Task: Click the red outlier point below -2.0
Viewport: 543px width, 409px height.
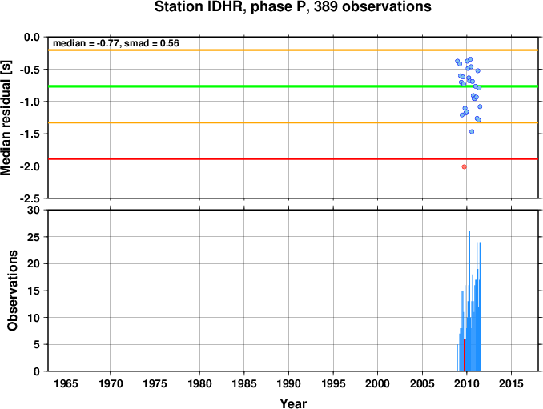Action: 464,166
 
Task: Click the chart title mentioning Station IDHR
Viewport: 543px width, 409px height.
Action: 292,7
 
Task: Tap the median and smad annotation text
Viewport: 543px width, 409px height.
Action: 115,43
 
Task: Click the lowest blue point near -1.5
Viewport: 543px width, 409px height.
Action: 472,132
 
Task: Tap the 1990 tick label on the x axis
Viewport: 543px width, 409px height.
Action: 288,383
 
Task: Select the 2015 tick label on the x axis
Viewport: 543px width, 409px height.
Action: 511,383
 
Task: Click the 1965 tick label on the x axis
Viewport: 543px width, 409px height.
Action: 66,383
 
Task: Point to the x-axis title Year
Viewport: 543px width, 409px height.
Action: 293,403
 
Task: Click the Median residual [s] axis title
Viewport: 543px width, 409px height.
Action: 6,118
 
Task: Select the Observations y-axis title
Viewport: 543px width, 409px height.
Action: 13,291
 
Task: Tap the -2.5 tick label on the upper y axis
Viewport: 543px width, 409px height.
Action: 30,199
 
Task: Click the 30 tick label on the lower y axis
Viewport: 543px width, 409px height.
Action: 34,210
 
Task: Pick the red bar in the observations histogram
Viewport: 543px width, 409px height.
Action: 464,355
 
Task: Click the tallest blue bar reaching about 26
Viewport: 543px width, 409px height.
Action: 469,301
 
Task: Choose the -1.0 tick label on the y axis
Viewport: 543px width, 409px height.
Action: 30,102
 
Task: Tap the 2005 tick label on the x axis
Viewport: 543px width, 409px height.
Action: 422,383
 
